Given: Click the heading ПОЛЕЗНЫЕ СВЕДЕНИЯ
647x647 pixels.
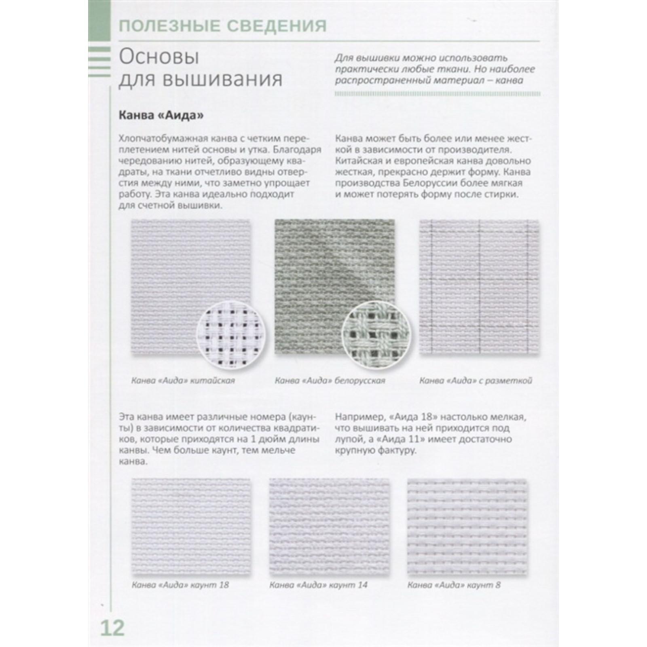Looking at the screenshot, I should pos(222,26).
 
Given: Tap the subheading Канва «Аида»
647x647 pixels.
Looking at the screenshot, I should pos(161,116).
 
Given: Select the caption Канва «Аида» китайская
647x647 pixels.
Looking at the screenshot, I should pos(183,381).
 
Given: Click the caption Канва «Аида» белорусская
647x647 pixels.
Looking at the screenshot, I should pos(330,381).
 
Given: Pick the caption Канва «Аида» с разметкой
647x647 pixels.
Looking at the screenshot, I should pos(476,381).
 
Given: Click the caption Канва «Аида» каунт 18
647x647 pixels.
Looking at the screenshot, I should pos(180,585).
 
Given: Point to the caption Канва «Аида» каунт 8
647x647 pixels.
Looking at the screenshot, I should pos(454,585).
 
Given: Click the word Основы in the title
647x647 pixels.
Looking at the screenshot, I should pos(159,57).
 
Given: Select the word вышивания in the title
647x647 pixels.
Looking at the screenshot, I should pos(222,79).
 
